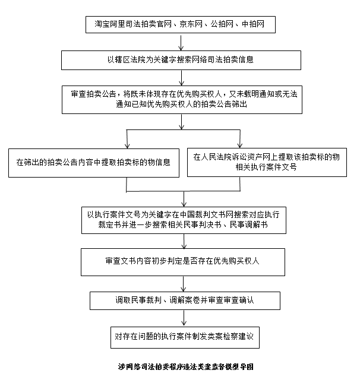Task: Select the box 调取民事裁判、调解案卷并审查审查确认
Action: coord(185,300)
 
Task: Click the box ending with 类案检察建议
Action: coord(184,336)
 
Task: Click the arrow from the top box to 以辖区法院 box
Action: coord(181,42)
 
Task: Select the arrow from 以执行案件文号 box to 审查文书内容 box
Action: coord(185,242)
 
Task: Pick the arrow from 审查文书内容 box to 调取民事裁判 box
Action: coord(185,283)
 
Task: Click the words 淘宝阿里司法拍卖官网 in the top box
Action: coord(131,24)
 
